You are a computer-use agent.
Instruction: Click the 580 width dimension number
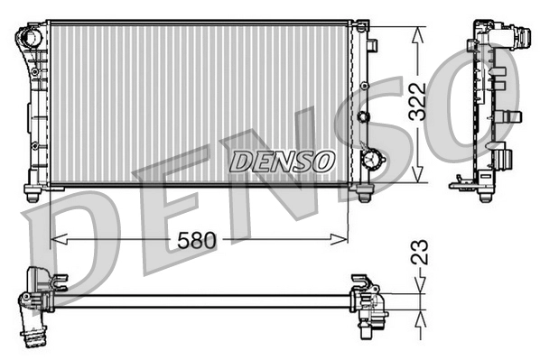(198, 240)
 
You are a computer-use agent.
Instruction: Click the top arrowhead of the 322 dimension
(416, 32)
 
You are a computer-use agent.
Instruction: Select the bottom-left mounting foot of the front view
(33, 193)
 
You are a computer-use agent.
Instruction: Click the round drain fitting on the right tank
(371, 159)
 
